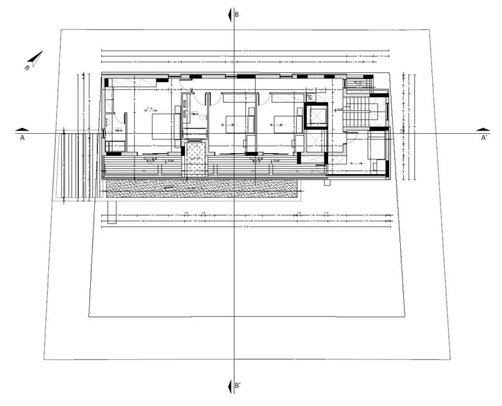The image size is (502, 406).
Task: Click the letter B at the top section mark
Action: pyautogui.click(x=237, y=14)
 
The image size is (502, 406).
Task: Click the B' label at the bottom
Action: pyautogui.click(x=239, y=386)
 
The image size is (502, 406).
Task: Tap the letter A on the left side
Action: pyautogui.click(x=22, y=138)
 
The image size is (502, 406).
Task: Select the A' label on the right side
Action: pyautogui.click(x=484, y=138)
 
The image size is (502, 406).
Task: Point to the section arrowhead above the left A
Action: pyautogui.click(x=22, y=129)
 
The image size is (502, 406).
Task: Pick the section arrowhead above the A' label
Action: pyautogui.click(x=483, y=129)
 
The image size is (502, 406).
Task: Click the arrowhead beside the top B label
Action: pyautogui.click(x=229, y=14)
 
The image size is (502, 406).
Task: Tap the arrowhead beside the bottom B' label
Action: pyautogui.click(x=229, y=386)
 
